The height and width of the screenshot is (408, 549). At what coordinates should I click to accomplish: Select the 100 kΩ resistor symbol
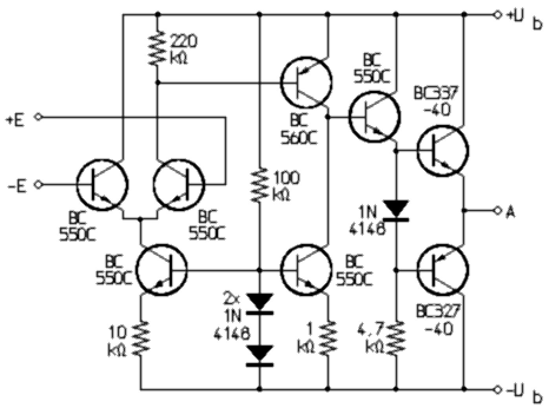(259, 185)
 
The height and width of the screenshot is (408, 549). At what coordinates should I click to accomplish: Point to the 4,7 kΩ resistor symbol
(396, 338)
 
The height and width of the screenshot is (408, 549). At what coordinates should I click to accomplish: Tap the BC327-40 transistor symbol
(443, 270)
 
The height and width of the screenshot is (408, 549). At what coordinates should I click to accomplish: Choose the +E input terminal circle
(38, 117)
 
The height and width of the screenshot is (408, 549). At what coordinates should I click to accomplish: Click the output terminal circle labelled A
(498, 211)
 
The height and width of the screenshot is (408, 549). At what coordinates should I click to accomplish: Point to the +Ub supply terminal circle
(498, 15)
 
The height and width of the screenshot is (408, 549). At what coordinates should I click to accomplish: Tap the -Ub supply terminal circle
(498, 389)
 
